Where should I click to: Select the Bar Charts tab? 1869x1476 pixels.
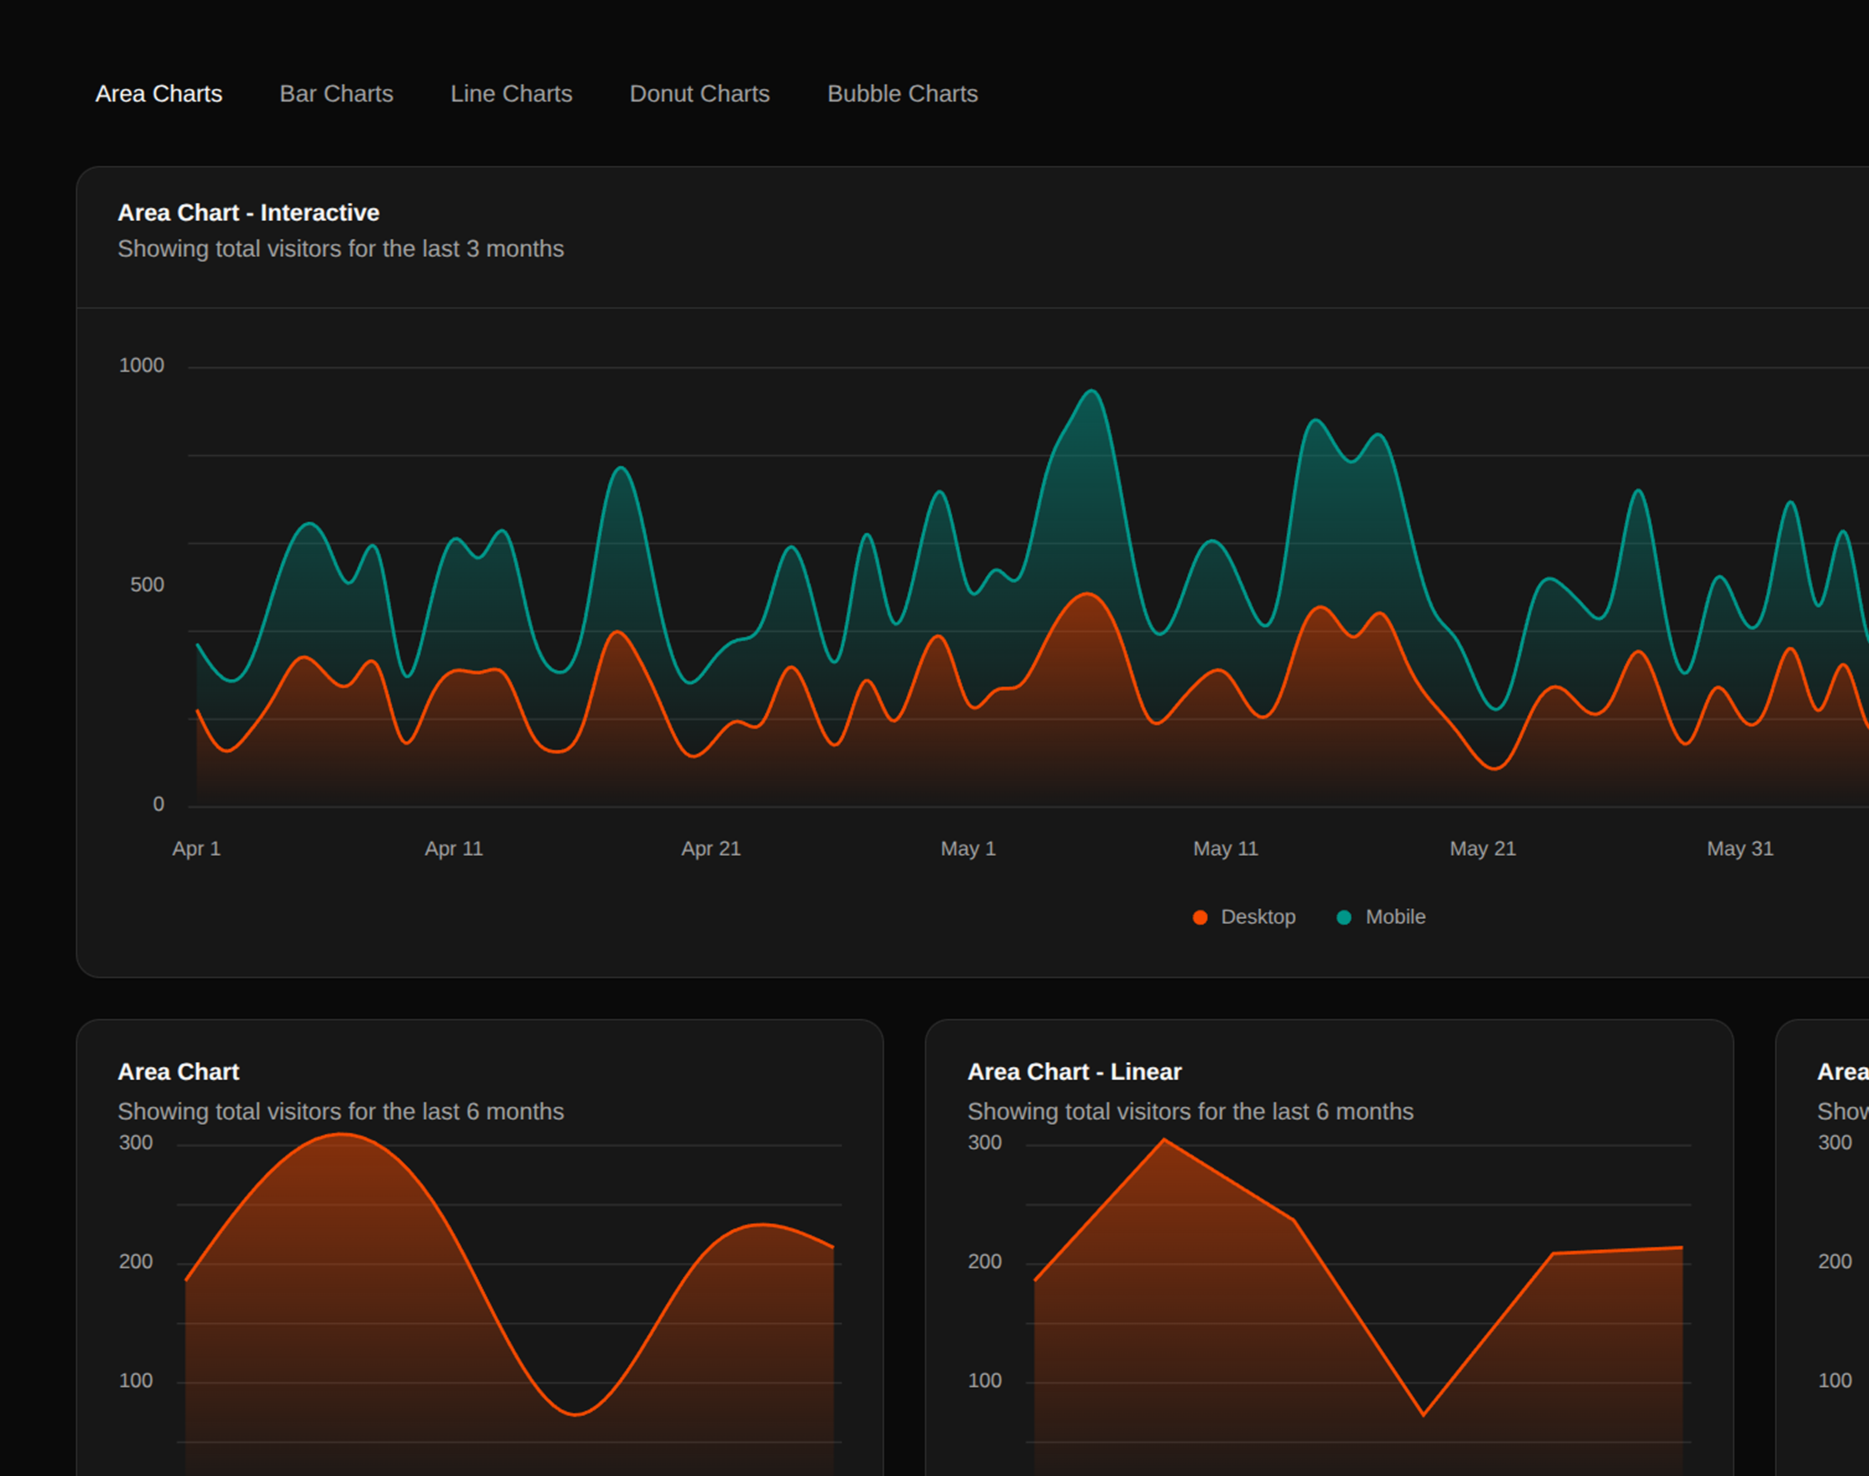coord(336,93)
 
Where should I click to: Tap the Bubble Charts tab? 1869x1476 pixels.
coord(902,93)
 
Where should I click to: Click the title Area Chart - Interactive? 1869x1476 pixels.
coord(248,213)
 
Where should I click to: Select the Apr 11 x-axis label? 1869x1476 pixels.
coord(454,849)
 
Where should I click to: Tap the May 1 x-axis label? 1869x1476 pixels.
coord(968,849)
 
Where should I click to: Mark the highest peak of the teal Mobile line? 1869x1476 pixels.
coord(1092,391)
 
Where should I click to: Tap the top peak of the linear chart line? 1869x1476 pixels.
coord(1164,1140)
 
